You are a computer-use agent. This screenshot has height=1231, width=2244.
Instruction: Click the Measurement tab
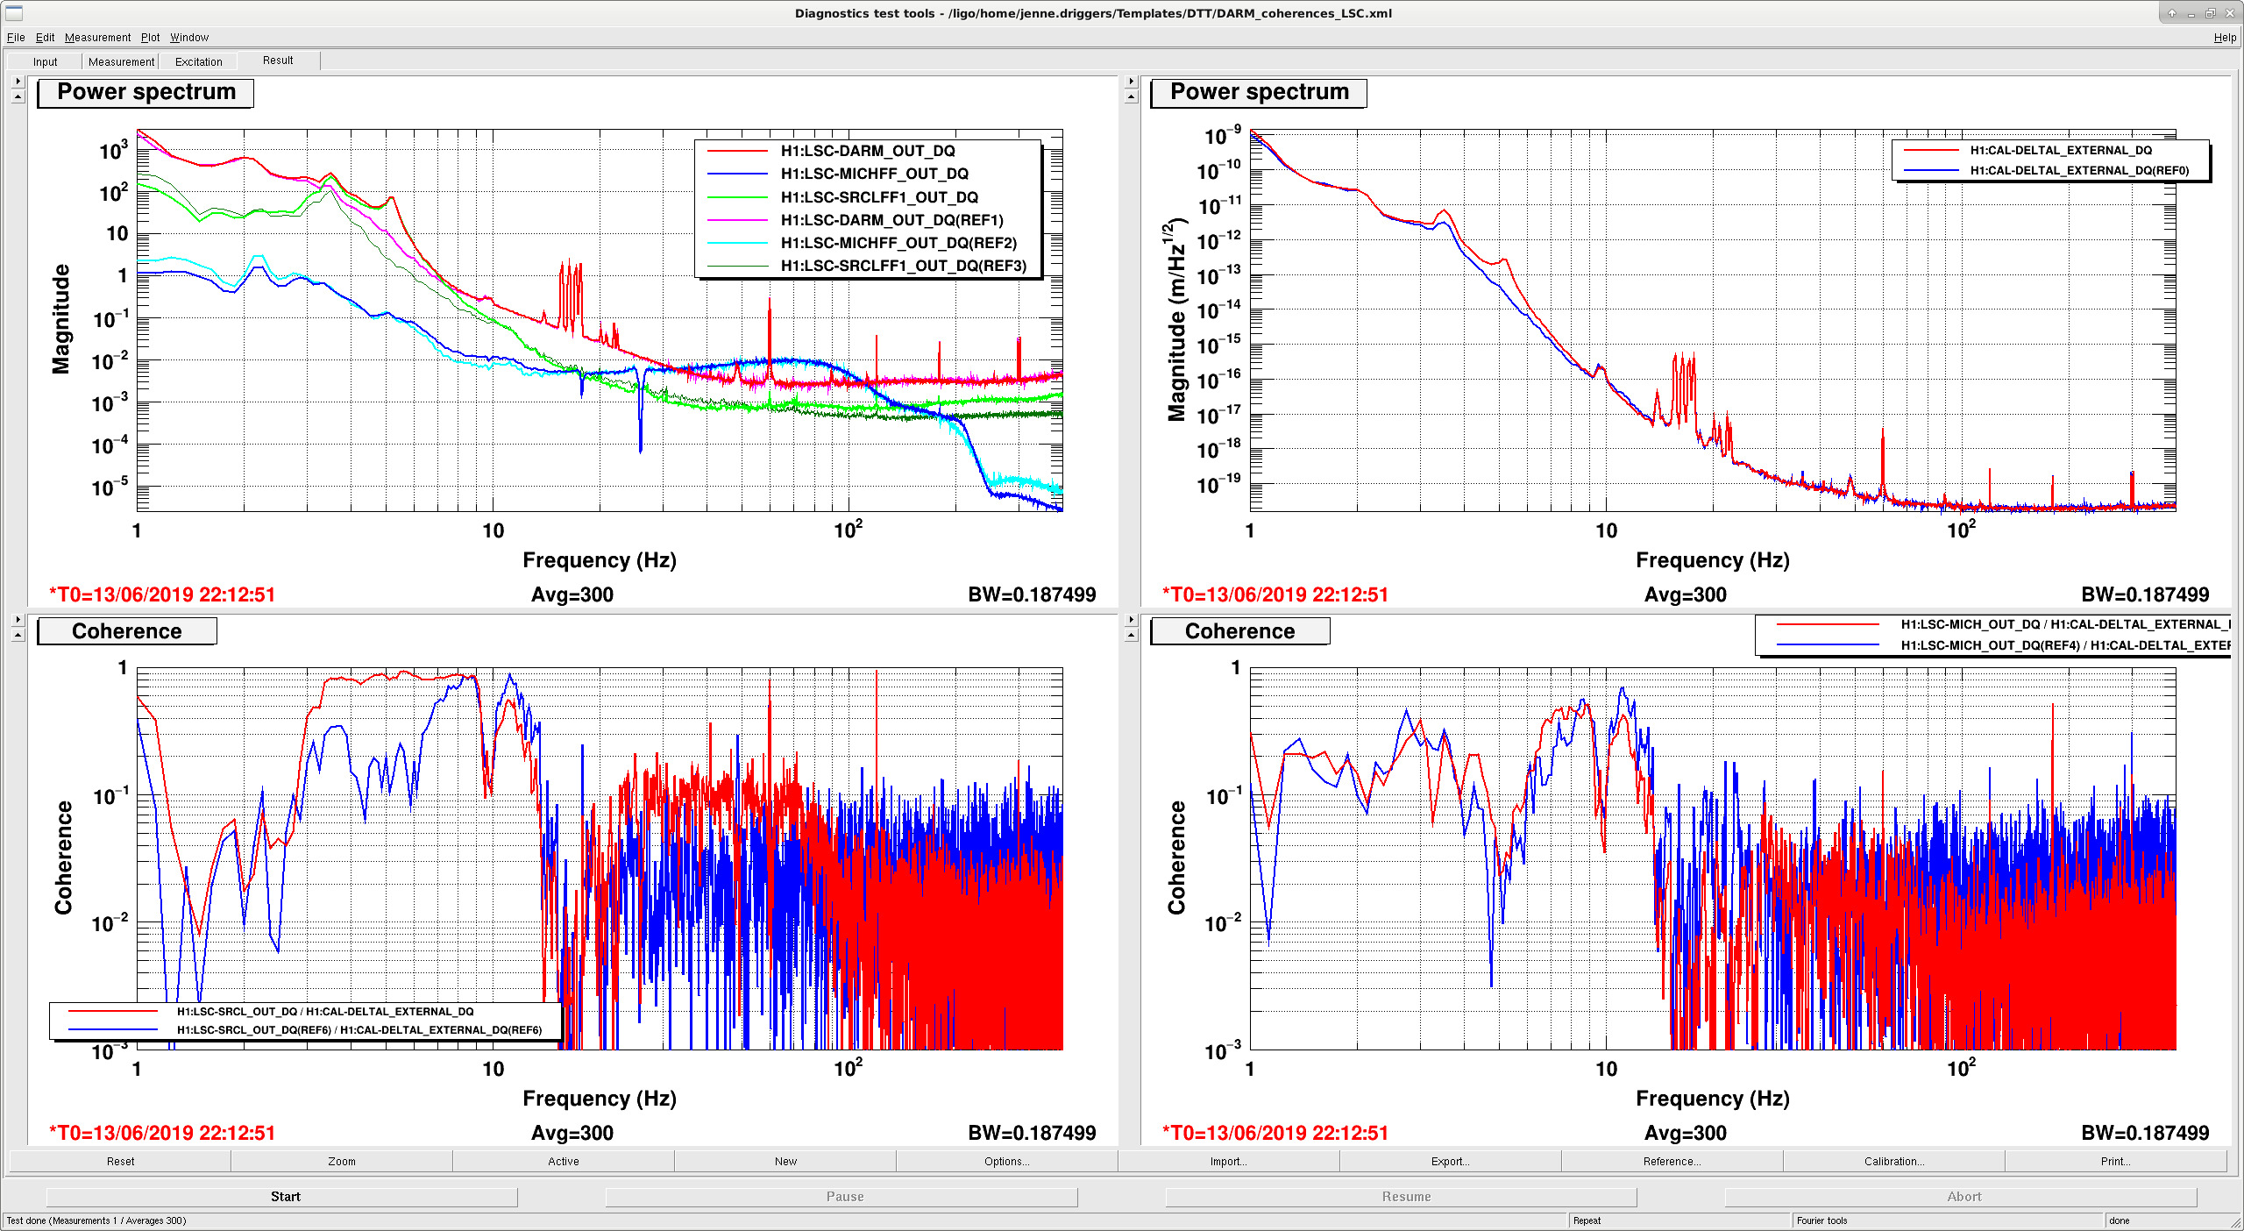[121, 61]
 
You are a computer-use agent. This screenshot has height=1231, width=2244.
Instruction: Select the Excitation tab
[199, 61]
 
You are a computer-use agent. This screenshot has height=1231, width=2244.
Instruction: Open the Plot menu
[150, 37]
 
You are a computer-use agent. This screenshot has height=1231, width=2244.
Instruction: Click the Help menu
[2224, 37]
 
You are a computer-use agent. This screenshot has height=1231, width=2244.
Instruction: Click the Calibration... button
[1894, 1161]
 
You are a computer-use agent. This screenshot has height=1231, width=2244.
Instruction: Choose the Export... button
[1450, 1161]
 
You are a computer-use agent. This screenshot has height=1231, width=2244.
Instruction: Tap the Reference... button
[1672, 1161]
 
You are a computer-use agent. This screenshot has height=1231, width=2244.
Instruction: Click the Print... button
[2115, 1161]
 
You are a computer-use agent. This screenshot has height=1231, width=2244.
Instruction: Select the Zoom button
[342, 1161]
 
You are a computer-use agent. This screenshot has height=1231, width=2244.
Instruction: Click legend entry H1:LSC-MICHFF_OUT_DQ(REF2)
[898, 243]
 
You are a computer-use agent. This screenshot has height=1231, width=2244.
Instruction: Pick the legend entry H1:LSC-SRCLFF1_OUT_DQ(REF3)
[904, 266]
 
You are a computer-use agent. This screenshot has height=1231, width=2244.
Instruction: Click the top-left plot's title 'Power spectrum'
[146, 92]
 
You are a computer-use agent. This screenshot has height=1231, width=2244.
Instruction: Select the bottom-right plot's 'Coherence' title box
[1239, 631]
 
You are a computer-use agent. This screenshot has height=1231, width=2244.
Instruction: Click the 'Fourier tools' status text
[1821, 1220]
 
